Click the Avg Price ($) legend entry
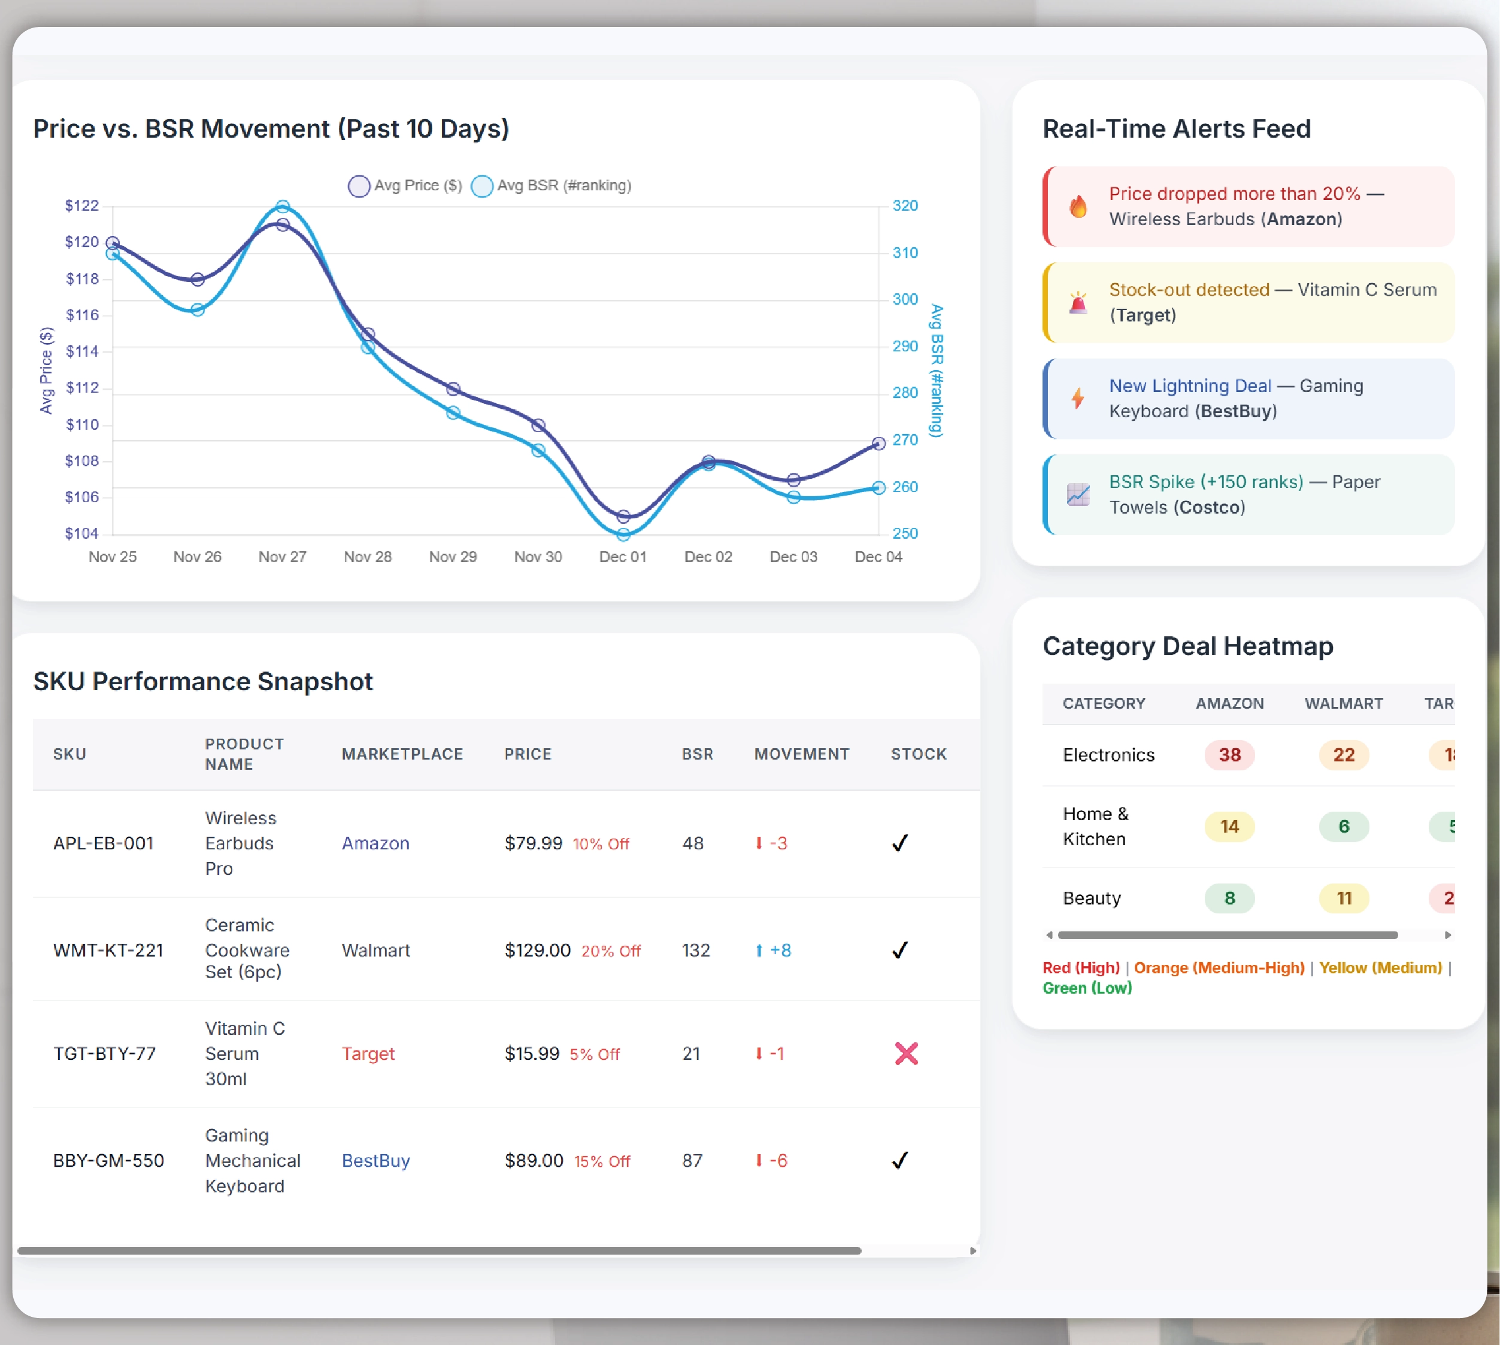(406, 186)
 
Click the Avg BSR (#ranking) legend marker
(482, 186)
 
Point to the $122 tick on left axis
(81, 205)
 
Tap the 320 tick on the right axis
(905, 205)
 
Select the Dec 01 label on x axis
(623, 557)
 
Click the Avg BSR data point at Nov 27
(283, 206)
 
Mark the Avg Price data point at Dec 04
(878, 444)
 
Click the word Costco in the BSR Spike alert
(1210, 508)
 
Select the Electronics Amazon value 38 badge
(1229, 755)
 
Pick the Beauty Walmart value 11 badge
(1343, 898)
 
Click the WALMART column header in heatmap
(1343, 703)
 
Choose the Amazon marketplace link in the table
(375, 843)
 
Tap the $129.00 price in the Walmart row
(538, 951)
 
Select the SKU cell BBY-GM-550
(108, 1161)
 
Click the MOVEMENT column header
(801, 754)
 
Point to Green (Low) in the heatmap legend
(1087, 988)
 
